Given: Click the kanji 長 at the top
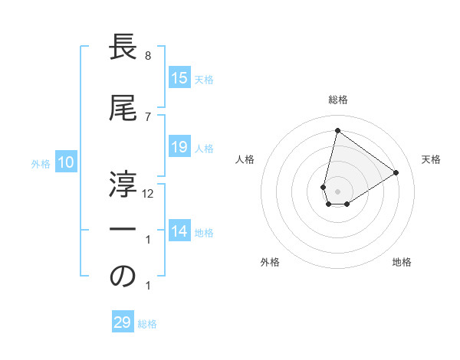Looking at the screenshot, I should point(123,50).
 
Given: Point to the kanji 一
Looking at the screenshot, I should point(123,230).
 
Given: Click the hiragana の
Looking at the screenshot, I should point(123,277).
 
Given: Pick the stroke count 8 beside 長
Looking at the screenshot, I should point(148,56).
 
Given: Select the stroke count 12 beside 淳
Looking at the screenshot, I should point(149,194).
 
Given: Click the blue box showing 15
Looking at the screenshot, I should point(179,78).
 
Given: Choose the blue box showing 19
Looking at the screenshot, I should point(179,147).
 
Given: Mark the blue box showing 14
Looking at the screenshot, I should point(179,231).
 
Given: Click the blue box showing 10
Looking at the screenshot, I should point(66,162).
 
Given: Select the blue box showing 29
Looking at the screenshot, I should point(123,322).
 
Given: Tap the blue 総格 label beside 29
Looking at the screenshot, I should point(147,324).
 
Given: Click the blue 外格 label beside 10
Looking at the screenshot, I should point(40,163).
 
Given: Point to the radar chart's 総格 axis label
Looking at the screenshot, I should point(337,100).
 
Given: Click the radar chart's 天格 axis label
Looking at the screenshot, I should point(431,159).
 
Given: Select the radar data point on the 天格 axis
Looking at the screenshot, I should point(396,172).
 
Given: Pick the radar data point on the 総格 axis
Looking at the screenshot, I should point(337,130).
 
